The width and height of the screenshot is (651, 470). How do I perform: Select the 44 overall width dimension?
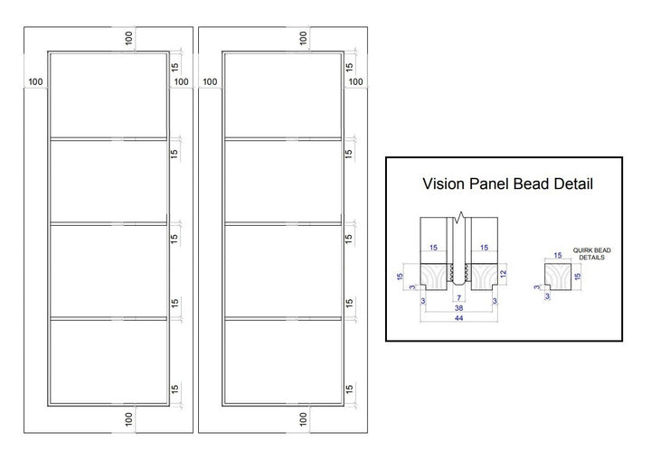(x=458, y=318)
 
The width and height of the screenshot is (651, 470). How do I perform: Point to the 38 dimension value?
(x=458, y=308)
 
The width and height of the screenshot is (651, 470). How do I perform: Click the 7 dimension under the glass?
(x=458, y=297)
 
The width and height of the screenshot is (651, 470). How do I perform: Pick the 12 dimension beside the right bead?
(x=504, y=274)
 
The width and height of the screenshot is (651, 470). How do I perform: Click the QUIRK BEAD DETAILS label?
(x=591, y=254)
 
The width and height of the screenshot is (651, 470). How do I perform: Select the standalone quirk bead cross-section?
(x=559, y=277)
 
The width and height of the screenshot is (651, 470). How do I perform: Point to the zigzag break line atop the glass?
(x=458, y=217)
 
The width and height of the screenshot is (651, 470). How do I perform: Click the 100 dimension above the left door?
(x=128, y=38)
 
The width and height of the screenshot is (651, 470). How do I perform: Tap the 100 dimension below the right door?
(x=303, y=418)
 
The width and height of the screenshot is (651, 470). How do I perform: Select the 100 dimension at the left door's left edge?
(x=35, y=81)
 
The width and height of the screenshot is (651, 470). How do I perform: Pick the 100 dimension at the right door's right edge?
(x=356, y=81)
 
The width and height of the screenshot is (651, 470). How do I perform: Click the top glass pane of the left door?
(x=108, y=95)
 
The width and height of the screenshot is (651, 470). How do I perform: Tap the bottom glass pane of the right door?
(x=283, y=362)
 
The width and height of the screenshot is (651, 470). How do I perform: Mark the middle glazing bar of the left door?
(x=108, y=224)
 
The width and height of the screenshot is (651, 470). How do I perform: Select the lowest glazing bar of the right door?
(x=283, y=319)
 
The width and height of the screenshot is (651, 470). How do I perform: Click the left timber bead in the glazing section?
(x=434, y=277)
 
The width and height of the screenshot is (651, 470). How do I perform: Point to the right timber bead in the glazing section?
(x=484, y=277)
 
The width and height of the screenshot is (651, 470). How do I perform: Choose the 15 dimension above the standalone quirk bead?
(x=558, y=256)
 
